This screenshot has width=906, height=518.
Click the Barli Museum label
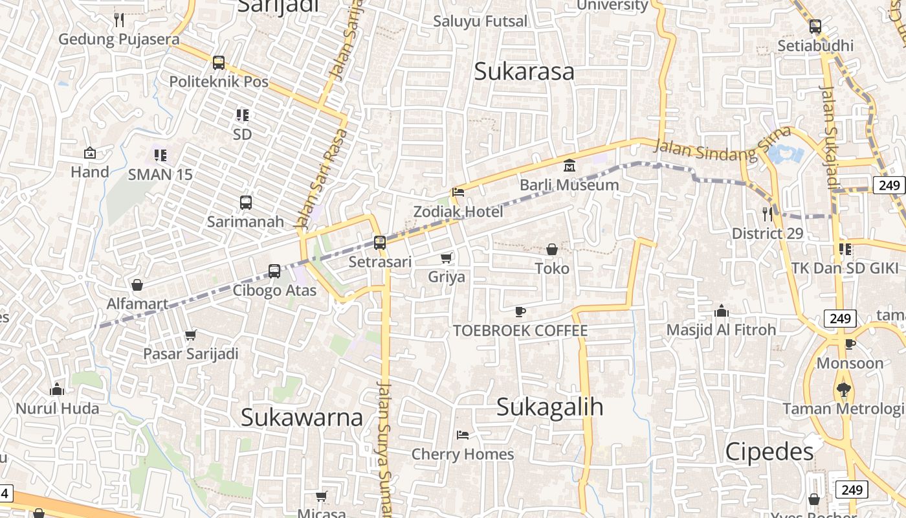(569, 185)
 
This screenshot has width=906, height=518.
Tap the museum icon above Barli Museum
(569, 166)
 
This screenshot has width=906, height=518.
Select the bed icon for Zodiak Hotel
(458, 192)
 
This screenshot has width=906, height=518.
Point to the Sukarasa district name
(524, 71)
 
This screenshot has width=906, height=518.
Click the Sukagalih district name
(550, 407)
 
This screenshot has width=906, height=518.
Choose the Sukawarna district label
(302, 418)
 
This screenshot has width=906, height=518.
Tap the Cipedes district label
(769, 451)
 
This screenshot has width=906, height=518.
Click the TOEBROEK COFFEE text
(520, 331)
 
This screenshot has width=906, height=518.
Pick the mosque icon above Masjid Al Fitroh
(722, 311)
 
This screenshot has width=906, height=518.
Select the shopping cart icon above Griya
(447, 258)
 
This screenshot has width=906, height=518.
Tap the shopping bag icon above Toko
(552, 249)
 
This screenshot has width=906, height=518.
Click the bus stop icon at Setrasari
(380, 243)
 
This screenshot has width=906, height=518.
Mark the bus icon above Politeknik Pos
(219, 63)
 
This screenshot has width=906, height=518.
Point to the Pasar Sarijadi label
(191, 354)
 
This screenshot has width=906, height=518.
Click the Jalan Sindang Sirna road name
(713, 150)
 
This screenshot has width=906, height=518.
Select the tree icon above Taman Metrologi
(843, 390)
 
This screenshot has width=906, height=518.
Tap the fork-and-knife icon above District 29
(768, 214)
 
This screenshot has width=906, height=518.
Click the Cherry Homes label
(463, 455)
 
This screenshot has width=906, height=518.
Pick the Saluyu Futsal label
(480, 21)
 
